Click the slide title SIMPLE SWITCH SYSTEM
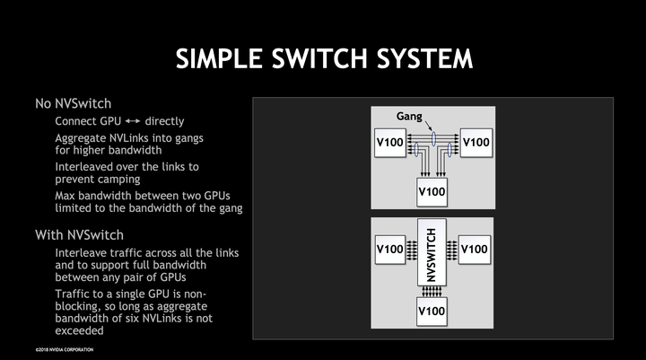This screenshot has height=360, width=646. click(x=323, y=59)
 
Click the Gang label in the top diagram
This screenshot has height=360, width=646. click(x=410, y=117)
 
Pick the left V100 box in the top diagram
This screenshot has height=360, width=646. click(x=388, y=143)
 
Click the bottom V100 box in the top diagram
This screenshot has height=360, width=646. click(x=432, y=191)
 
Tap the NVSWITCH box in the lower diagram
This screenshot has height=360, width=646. click(x=432, y=255)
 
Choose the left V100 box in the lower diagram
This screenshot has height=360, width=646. click(x=388, y=249)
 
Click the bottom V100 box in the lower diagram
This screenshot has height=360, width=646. click(x=432, y=311)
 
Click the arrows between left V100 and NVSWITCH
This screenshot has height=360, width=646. click(x=412, y=249)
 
